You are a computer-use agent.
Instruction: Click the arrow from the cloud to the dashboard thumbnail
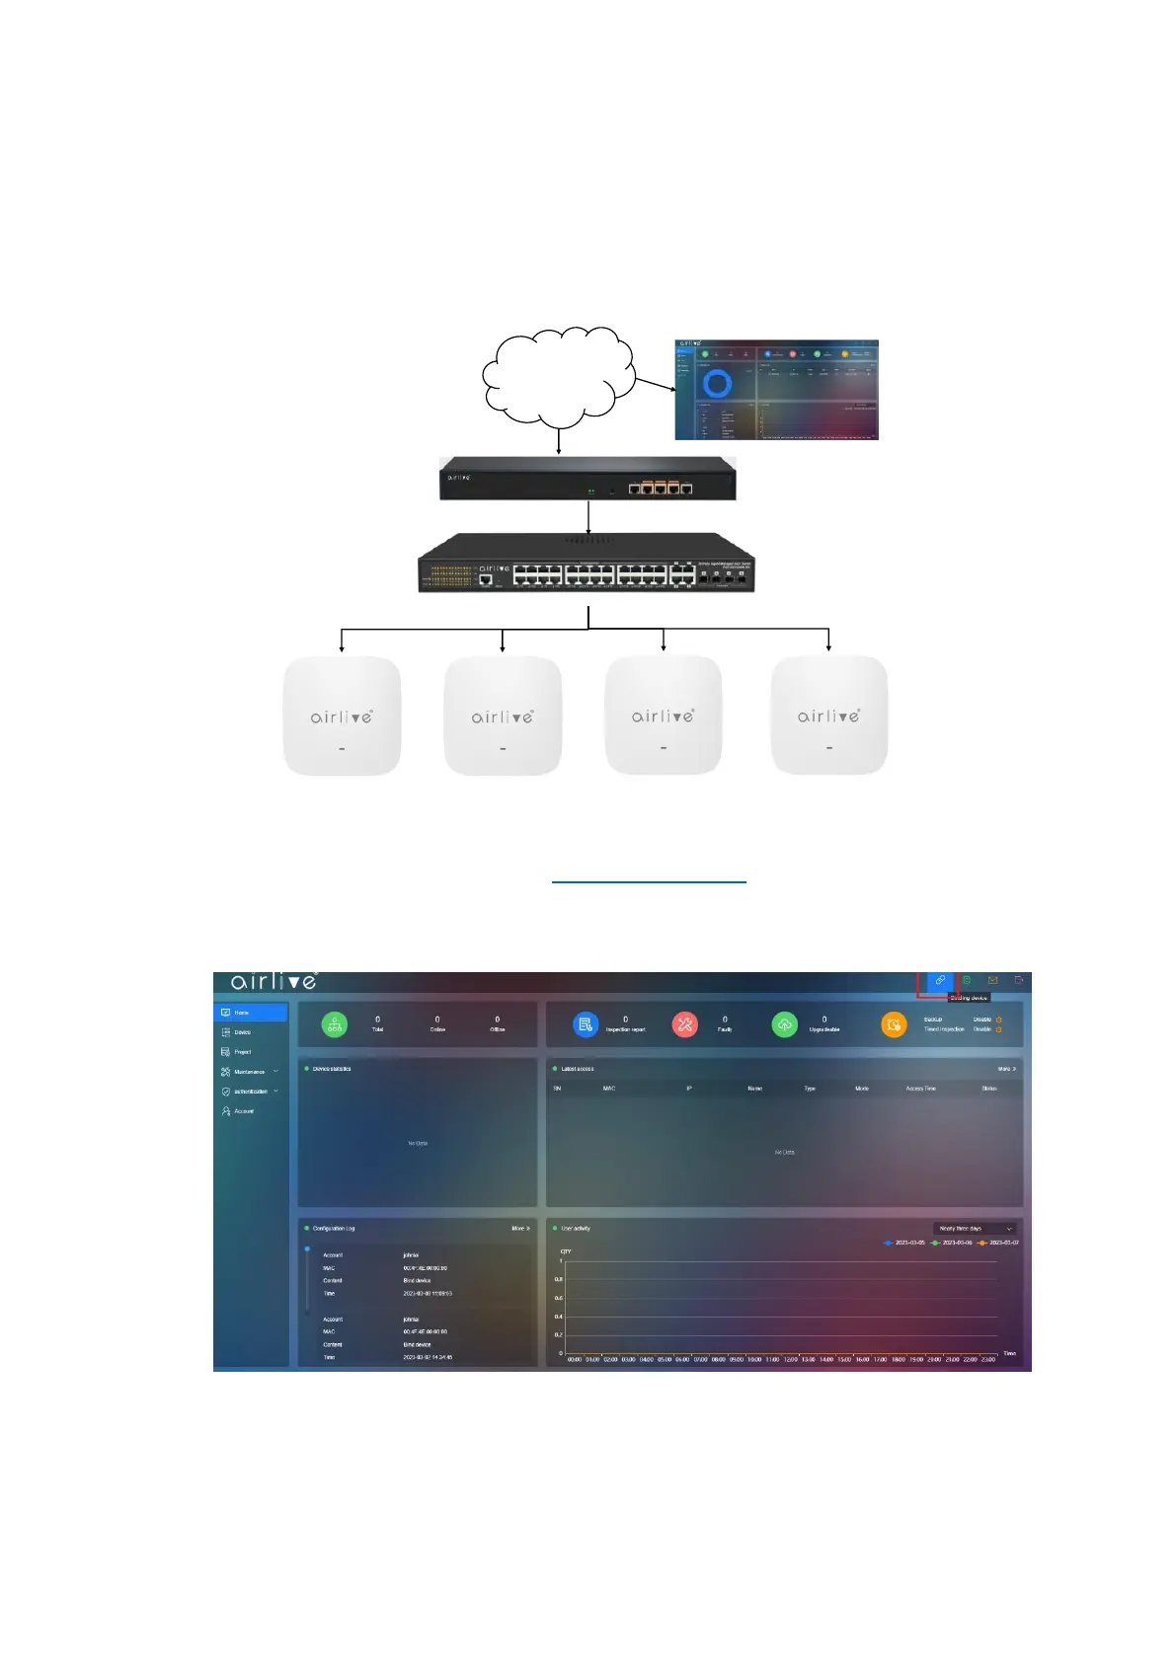click(x=653, y=383)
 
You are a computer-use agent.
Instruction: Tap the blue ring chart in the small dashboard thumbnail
click(x=718, y=384)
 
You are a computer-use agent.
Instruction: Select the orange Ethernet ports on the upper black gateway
click(x=661, y=488)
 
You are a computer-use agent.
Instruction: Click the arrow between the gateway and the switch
click(x=588, y=517)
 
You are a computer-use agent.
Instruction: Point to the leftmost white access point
click(x=342, y=716)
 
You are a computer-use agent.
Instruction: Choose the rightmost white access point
click(x=828, y=716)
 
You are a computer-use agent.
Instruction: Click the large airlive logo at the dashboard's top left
click(x=274, y=981)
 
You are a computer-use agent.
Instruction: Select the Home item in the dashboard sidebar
click(x=250, y=1013)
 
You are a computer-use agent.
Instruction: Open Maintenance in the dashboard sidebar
click(x=249, y=1072)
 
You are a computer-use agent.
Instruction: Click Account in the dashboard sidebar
click(x=243, y=1111)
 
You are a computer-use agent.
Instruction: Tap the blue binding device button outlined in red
click(x=940, y=981)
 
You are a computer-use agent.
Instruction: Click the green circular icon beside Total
click(x=335, y=1024)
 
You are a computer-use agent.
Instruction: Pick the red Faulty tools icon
click(x=684, y=1024)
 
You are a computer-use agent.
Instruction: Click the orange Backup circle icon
click(x=894, y=1024)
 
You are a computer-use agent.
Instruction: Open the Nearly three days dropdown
click(x=975, y=1229)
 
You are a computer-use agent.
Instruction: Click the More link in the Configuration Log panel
click(x=520, y=1229)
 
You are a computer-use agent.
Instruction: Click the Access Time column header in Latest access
click(x=920, y=1089)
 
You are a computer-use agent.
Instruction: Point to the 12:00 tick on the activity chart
click(x=790, y=1359)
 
